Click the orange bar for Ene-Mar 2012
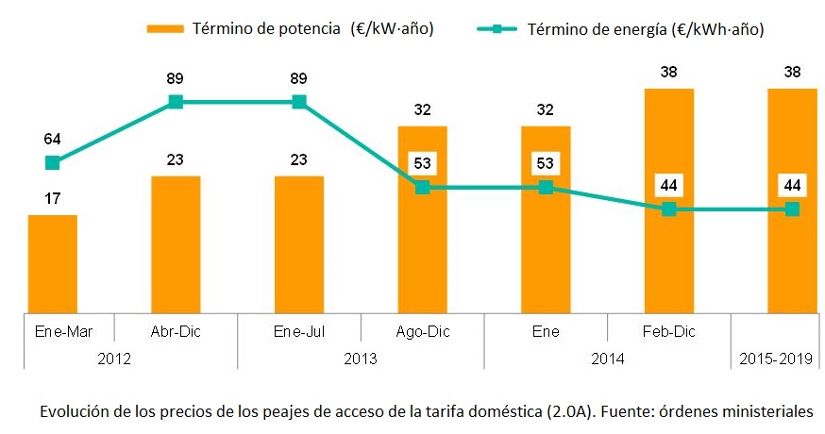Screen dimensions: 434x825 point(53,262)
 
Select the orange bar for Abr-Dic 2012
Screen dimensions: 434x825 point(176,242)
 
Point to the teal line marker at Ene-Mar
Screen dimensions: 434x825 point(53,162)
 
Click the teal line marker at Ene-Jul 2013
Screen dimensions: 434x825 point(299,102)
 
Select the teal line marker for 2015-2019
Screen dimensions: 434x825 point(792,209)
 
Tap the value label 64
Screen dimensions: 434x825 point(53,139)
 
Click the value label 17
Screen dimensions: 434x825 point(53,200)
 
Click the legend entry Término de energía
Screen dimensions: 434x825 point(647,29)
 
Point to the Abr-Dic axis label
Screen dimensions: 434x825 point(176,331)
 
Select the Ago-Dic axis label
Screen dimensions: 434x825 point(423,331)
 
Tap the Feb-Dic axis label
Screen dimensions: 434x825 point(669,331)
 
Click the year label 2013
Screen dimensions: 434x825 point(361,359)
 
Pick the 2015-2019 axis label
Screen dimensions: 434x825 point(776,359)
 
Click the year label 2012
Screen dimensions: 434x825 point(114,359)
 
